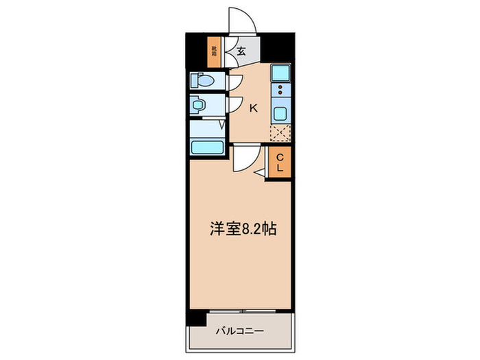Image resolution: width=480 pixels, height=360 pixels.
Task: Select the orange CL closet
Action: point(280,164)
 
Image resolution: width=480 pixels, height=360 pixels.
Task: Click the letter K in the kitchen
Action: point(252,108)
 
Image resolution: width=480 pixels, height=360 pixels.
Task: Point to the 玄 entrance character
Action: point(242,50)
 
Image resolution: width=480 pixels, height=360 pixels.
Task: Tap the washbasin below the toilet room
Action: point(200,106)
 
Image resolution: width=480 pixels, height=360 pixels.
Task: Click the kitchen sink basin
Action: point(280,113)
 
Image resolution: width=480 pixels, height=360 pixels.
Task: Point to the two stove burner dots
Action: point(280,92)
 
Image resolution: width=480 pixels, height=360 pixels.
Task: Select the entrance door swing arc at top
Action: point(243,21)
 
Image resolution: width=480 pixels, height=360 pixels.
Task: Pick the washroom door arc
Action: point(235,106)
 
